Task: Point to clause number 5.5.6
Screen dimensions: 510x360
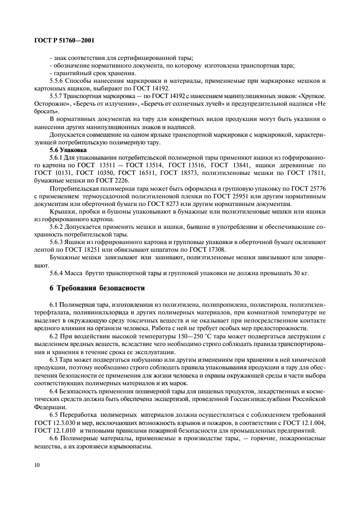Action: [x=57, y=81]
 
